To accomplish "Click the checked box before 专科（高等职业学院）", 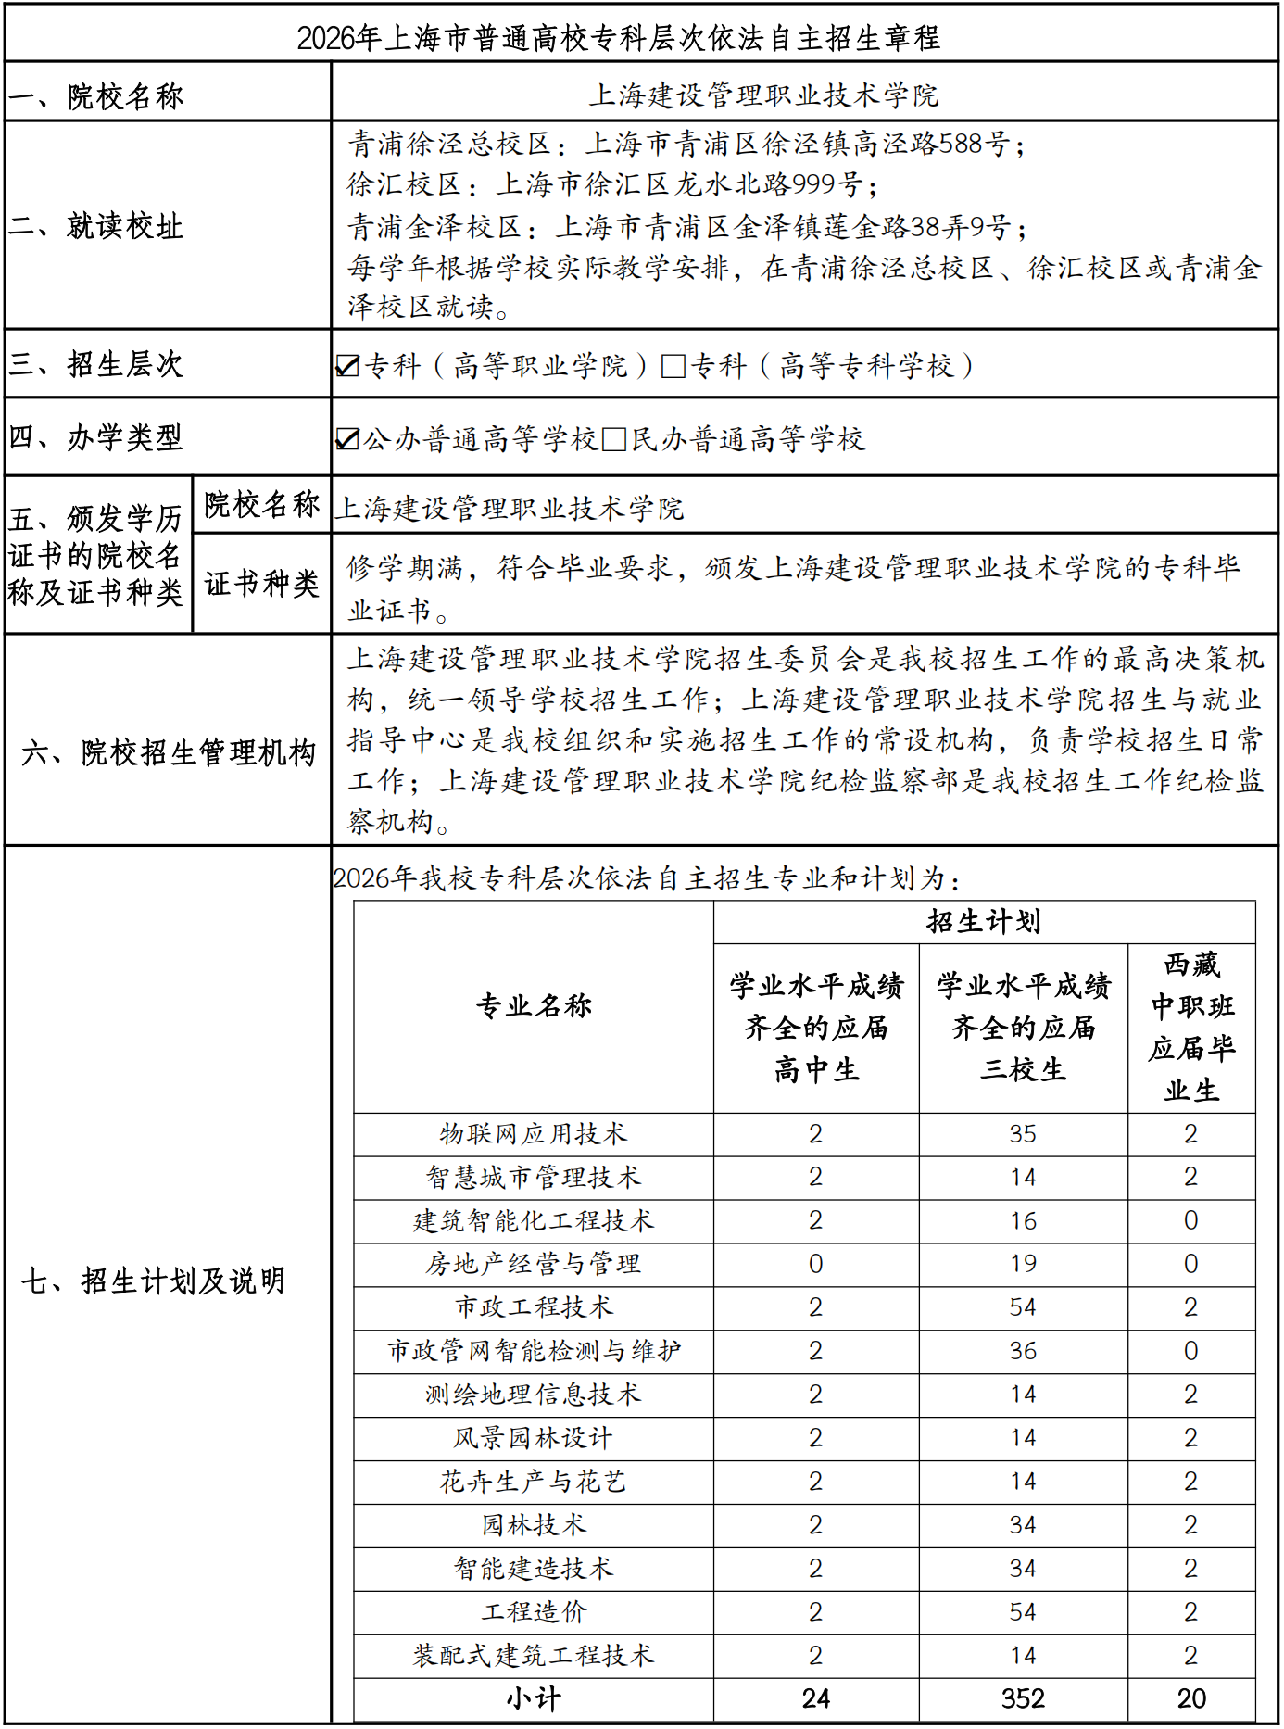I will (x=347, y=366).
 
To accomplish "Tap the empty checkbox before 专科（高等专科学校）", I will (x=673, y=366).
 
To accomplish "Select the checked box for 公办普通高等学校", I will (x=347, y=439).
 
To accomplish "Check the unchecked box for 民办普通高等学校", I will (x=613, y=439).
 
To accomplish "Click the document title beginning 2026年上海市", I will (x=618, y=37).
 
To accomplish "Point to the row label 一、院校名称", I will (x=96, y=95).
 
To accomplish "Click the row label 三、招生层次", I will (x=96, y=364).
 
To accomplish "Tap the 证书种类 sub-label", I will (x=261, y=584).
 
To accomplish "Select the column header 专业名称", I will (x=534, y=1005).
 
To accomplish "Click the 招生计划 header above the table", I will (x=984, y=921).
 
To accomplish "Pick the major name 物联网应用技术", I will (x=534, y=1134).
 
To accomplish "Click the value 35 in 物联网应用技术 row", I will (x=1023, y=1134).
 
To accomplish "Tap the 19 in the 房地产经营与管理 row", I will (x=1023, y=1264).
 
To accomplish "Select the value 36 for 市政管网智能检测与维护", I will (x=1023, y=1351).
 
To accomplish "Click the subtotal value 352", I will (x=1023, y=1698).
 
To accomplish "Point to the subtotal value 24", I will (x=815, y=1698).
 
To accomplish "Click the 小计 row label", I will (x=534, y=1698).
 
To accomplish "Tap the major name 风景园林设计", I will (x=534, y=1438).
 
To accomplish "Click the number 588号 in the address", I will (x=973, y=144).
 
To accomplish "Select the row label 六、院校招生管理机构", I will (x=169, y=752).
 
